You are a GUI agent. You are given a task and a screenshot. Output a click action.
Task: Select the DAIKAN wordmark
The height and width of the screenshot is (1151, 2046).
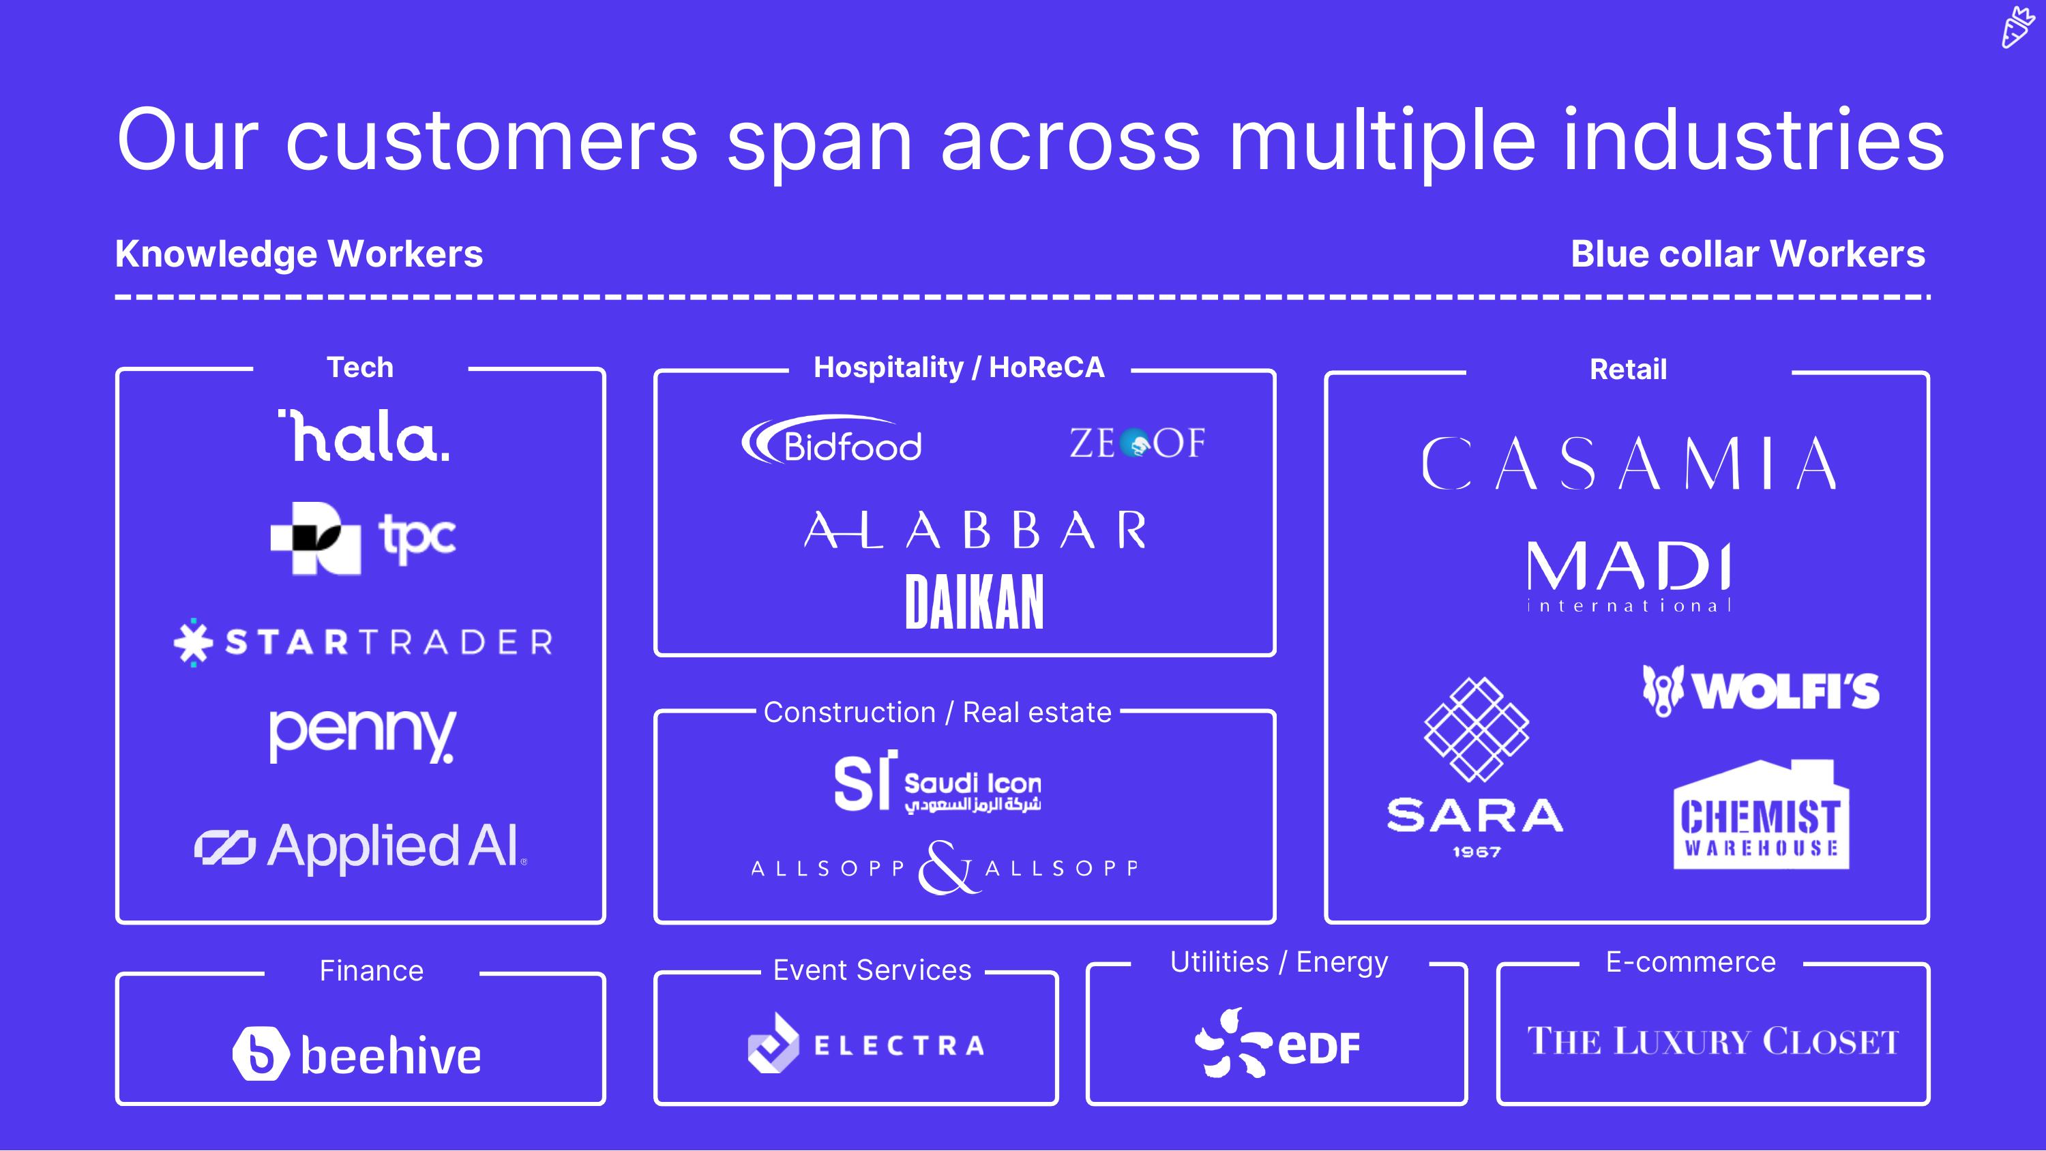(x=974, y=602)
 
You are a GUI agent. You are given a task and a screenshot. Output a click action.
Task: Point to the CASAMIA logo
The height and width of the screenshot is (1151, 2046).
(x=1628, y=463)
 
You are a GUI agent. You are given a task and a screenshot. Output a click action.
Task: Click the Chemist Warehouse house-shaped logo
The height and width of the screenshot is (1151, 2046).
(x=1761, y=815)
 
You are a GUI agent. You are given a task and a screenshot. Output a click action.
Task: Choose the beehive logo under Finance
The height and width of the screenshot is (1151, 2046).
(x=357, y=1054)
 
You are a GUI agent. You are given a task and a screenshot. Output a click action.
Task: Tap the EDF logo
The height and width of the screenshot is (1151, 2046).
(x=1277, y=1043)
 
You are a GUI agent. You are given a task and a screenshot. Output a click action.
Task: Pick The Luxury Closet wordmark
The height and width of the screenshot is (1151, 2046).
(x=1713, y=1041)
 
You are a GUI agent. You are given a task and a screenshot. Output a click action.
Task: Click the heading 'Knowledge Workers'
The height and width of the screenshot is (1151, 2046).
(x=299, y=254)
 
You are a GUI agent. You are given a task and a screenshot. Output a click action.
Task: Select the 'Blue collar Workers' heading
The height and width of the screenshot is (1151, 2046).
(x=1747, y=254)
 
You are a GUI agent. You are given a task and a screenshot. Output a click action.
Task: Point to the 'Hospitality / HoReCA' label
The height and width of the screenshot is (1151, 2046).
(x=959, y=368)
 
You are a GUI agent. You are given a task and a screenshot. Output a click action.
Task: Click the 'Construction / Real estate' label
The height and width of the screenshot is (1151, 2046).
(x=937, y=713)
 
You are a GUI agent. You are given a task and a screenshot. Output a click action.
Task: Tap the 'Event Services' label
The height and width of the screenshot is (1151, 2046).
(x=872, y=970)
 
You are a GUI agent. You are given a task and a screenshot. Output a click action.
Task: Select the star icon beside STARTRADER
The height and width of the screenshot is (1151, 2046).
(x=193, y=642)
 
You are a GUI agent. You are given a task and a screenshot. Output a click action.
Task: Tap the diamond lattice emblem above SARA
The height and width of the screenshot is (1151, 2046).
(x=1476, y=729)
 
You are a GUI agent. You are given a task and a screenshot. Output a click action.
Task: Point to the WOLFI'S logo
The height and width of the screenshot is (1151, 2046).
(x=1761, y=690)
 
